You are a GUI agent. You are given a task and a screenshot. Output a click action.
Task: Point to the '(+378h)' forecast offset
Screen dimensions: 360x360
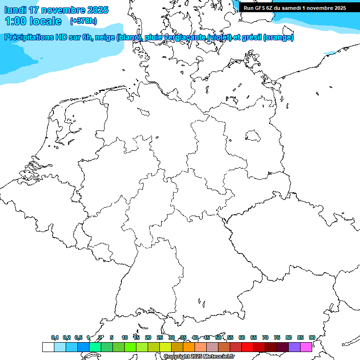pos(83,21)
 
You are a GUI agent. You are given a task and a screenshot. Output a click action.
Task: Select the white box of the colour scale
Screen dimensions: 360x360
pos(48,347)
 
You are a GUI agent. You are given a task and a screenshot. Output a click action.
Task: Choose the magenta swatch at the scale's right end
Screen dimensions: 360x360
pos(306,347)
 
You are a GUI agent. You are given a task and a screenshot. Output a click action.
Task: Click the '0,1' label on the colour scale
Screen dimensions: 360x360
pos(55,337)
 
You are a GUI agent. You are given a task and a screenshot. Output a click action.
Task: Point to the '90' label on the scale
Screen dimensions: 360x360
pos(312,337)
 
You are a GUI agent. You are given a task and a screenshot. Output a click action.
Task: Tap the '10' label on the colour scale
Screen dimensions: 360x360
pos(124,337)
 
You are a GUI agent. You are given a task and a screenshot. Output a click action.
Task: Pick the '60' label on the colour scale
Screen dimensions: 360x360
pos(242,337)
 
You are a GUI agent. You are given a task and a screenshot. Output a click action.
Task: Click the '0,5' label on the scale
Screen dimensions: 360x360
pos(78,337)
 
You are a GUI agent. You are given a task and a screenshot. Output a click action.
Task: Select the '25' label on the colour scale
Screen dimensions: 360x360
pos(160,337)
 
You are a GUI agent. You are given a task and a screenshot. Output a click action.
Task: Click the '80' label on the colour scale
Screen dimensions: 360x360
pos(289,337)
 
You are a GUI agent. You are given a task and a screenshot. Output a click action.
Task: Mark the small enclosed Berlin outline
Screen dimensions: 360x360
pos(253,136)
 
